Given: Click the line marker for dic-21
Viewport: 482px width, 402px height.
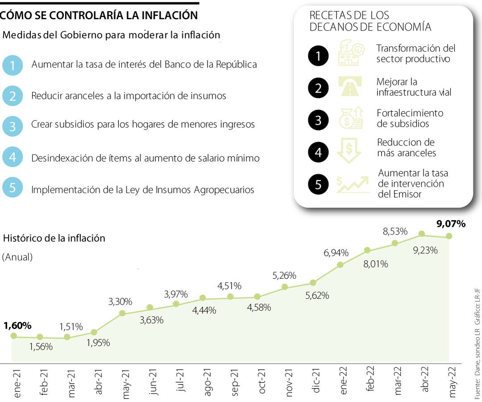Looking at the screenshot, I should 313,282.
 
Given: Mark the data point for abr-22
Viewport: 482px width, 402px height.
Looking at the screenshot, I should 421,234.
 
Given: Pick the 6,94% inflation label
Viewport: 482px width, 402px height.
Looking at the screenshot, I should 336,253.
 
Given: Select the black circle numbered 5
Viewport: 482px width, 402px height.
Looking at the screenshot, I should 318,184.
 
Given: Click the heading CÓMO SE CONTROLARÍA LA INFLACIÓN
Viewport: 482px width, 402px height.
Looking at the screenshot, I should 99,15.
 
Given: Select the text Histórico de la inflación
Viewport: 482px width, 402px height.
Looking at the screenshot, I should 54,238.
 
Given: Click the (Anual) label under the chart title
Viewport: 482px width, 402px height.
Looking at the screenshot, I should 17,258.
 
